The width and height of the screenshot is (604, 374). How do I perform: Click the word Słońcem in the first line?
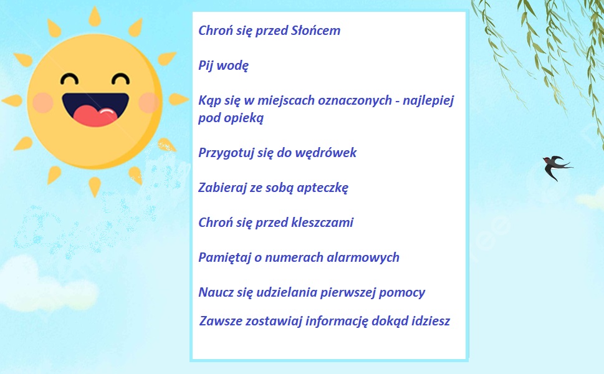[x=315, y=31]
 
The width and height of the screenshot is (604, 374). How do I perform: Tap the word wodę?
[x=232, y=65]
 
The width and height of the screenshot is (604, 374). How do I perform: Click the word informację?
[x=337, y=321]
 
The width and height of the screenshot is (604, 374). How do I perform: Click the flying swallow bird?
[x=556, y=166]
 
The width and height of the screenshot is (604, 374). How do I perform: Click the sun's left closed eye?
[x=69, y=79]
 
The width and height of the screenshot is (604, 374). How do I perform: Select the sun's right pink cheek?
[x=149, y=103]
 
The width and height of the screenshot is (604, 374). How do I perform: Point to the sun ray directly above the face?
[x=95, y=16]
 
